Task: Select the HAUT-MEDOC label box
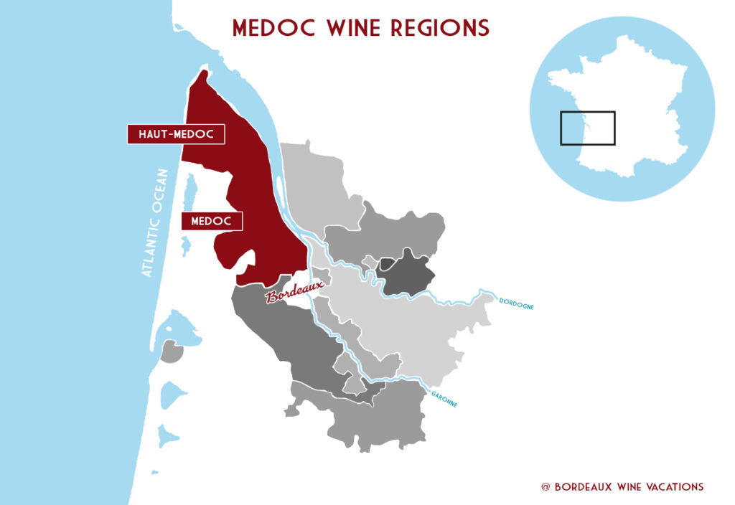click(176, 134)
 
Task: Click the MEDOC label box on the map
click(212, 222)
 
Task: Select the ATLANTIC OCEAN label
click(155, 223)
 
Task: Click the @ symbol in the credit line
click(546, 486)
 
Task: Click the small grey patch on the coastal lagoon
click(171, 351)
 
